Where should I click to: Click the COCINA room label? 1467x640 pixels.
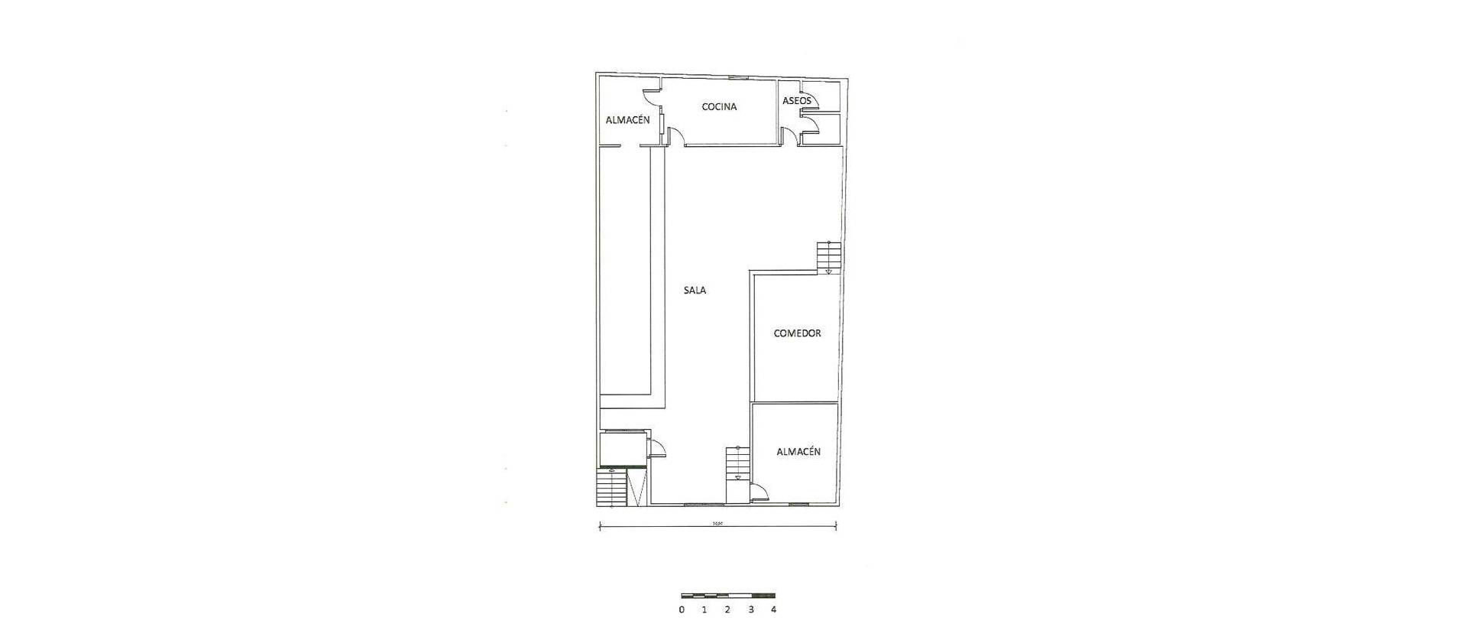click(719, 107)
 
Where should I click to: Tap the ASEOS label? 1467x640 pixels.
click(796, 101)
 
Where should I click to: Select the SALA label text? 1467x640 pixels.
click(695, 291)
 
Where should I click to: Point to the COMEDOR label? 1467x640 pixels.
click(797, 333)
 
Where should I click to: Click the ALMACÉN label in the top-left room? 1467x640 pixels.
click(627, 120)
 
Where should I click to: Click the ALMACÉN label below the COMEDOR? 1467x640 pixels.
click(798, 452)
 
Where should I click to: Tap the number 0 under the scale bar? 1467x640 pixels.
click(681, 610)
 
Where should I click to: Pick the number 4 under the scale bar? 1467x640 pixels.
click(774, 610)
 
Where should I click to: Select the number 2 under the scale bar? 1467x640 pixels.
click(727, 610)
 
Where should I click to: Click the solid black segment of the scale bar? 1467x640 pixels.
click(763, 595)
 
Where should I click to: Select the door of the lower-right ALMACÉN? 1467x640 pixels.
click(760, 493)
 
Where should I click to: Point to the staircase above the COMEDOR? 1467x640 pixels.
click(828, 257)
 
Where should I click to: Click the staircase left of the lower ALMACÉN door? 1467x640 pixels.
click(737, 464)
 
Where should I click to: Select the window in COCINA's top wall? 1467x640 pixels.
click(737, 78)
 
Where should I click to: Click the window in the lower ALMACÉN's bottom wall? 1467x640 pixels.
click(798, 505)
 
